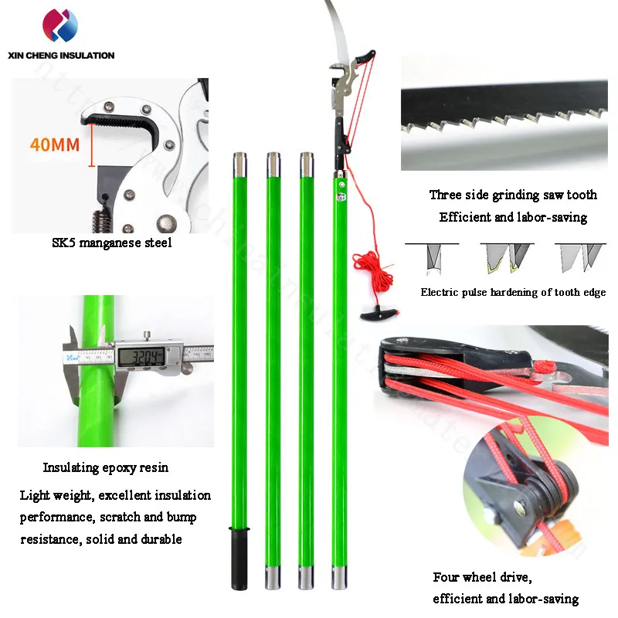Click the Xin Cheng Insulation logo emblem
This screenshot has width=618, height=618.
click(60, 25)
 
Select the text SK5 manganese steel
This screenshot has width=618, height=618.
click(112, 243)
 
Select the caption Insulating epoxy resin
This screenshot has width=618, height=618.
click(105, 467)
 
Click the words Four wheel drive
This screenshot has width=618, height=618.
click(484, 577)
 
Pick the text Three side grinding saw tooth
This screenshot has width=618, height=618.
click(513, 195)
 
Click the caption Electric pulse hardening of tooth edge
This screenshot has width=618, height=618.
click(513, 293)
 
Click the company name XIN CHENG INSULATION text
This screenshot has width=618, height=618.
click(60, 56)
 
